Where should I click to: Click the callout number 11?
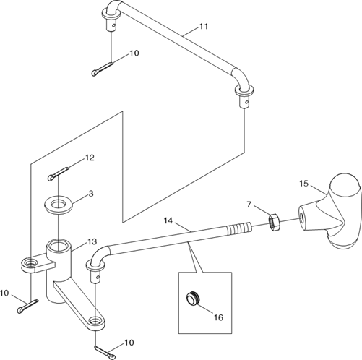[x=204, y=26]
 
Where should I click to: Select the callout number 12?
[x=90, y=158]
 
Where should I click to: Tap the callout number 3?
[x=91, y=194]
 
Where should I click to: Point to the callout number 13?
[x=92, y=241]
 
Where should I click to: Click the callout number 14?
[x=168, y=220]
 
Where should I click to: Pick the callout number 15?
[x=304, y=184]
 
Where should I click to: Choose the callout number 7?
[x=249, y=205]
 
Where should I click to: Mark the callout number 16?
[x=219, y=317]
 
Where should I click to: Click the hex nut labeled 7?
[x=275, y=222]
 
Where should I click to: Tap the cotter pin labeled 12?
[x=59, y=174]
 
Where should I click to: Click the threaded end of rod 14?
[x=239, y=228]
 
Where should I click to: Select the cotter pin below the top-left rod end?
[x=103, y=69]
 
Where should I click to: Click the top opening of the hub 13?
[x=57, y=246]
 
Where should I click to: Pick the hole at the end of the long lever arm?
[x=95, y=321]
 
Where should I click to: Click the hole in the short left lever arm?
[x=30, y=262]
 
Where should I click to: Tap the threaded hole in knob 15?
[x=302, y=215]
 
